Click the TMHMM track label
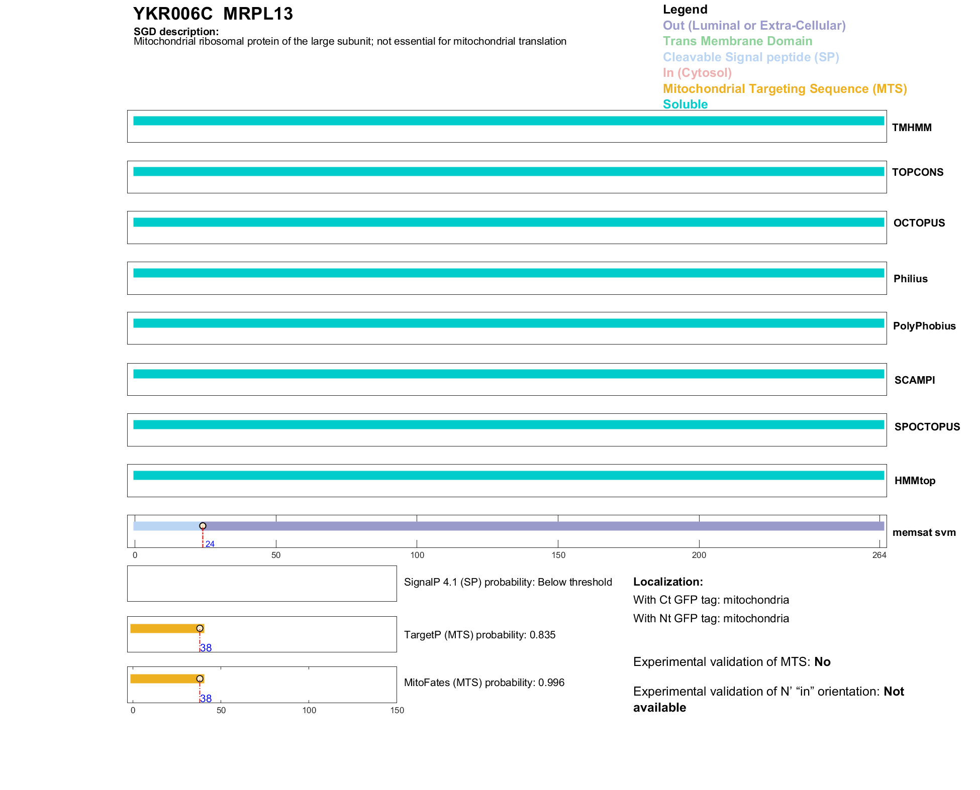pos(911,128)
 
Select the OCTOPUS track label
pos(919,223)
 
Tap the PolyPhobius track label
pos(924,326)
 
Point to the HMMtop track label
pos(915,481)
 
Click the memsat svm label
pos(924,532)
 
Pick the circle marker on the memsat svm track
pos(203,526)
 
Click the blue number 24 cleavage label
pos(210,544)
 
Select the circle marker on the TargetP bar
pos(200,628)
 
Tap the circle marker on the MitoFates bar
pos(200,679)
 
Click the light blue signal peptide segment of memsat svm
pos(167,526)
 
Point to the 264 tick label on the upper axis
pos(879,555)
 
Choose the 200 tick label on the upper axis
pos(699,555)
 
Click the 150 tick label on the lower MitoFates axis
pos(397,710)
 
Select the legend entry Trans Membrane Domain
pos(737,41)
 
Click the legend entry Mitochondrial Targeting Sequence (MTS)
pos(785,89)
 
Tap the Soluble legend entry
pos(685,104)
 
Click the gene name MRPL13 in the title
pos(258,14)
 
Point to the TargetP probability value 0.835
pos(542,635)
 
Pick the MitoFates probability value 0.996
pos(551,683)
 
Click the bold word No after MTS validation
pos(822,662)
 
